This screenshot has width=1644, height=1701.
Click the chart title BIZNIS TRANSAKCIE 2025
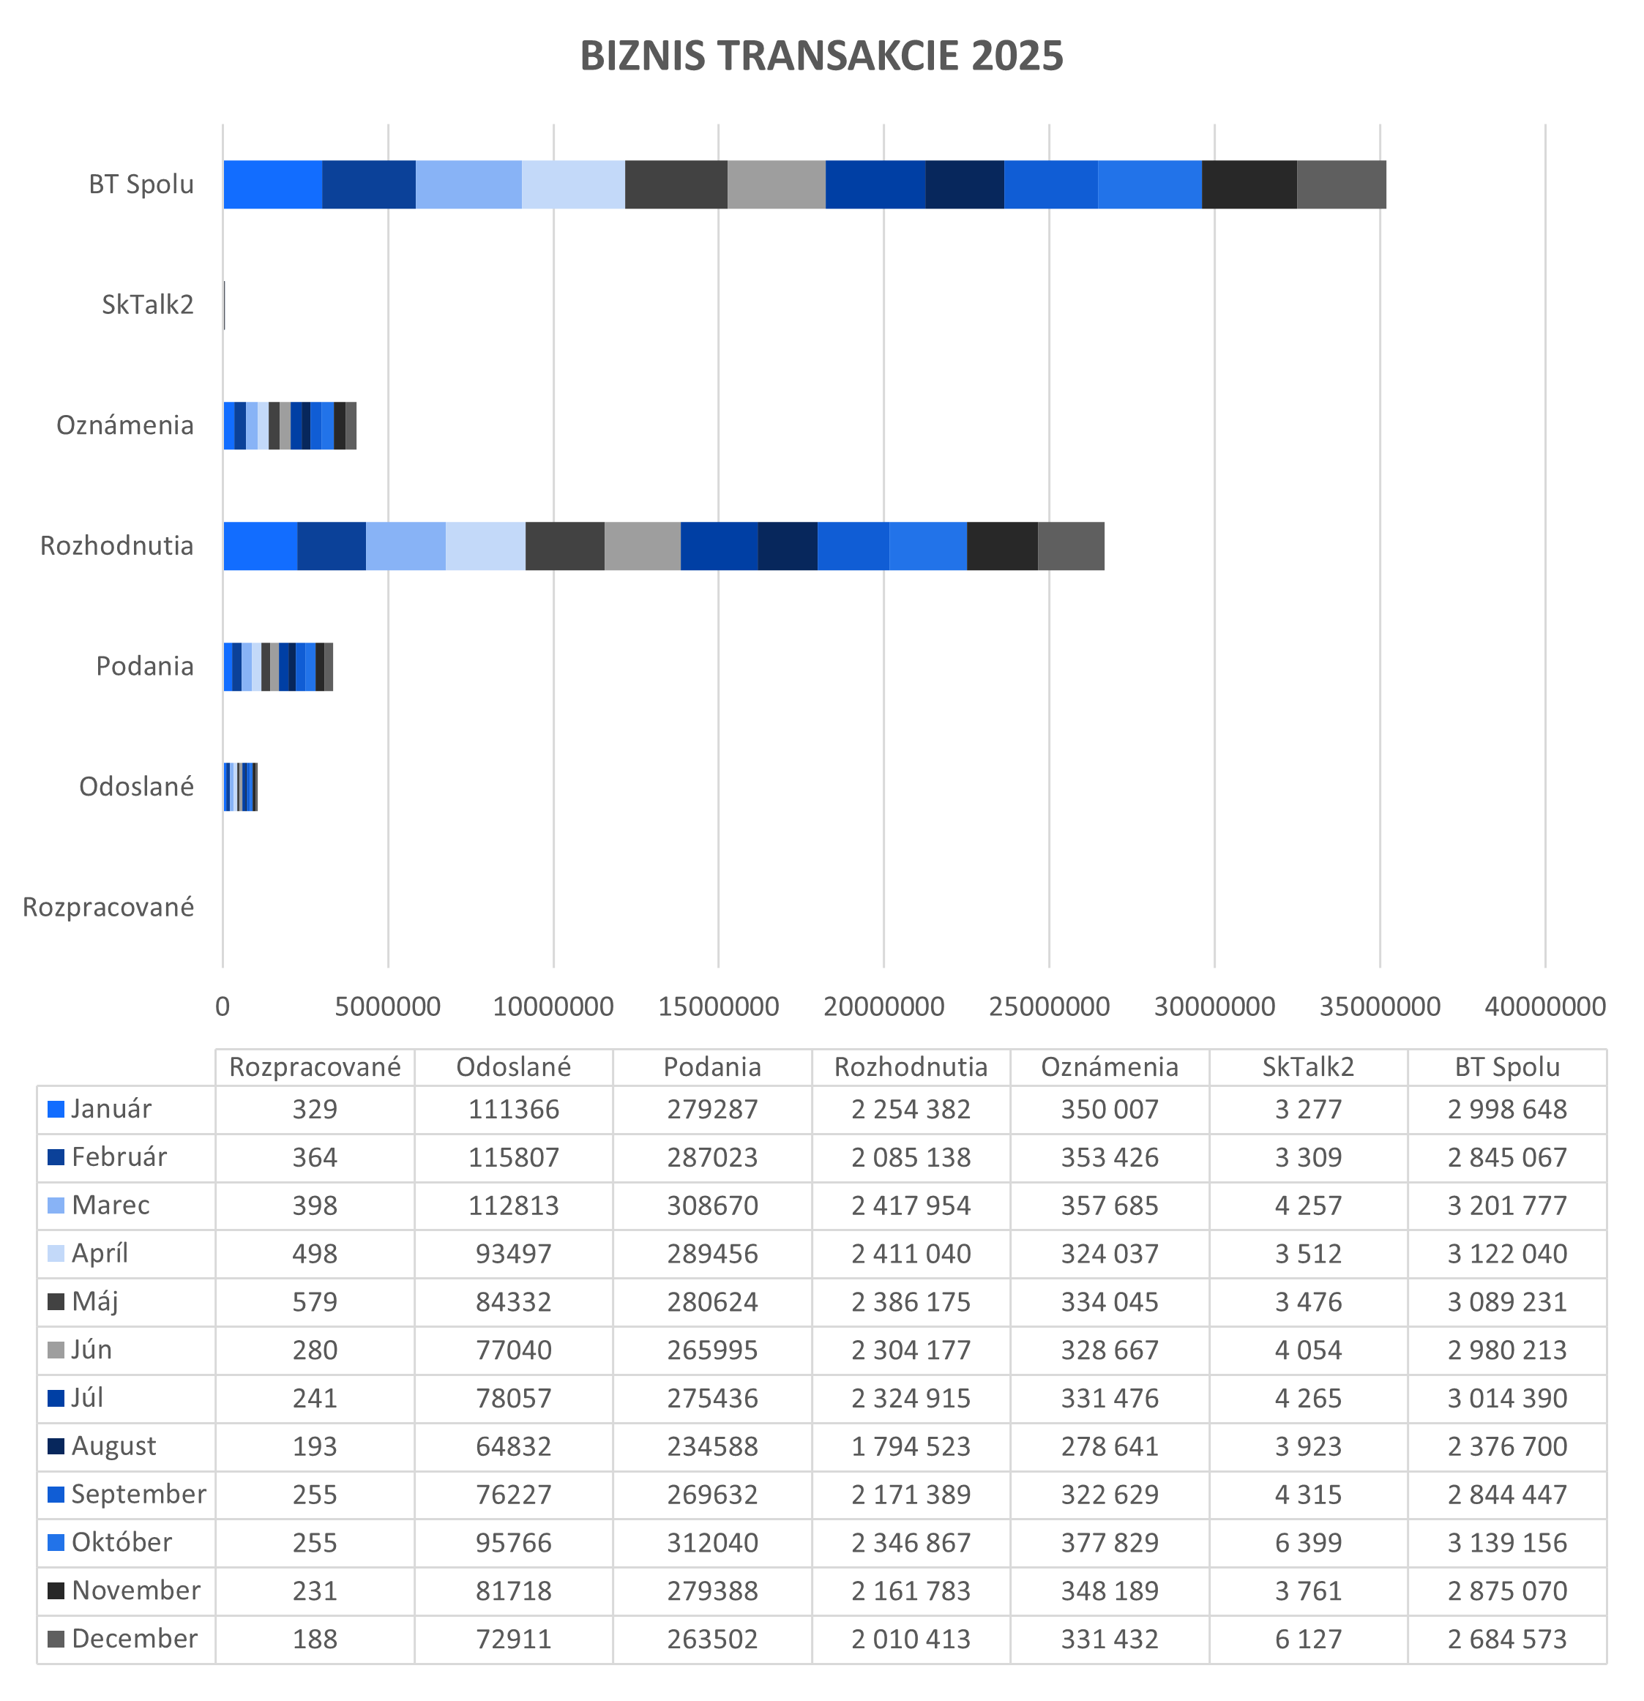coord(821,56)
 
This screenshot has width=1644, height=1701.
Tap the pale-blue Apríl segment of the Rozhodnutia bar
coord(485,546)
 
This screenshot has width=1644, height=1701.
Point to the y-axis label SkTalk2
coord(148,304)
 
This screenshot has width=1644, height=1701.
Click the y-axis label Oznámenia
coord(125,425)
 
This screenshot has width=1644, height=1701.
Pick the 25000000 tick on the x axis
coord(1049,1006)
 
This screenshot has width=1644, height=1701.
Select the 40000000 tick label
coord(1545,1006)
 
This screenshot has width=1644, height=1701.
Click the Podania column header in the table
coord(711,1066)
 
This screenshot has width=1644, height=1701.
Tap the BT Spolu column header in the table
coord(1507,1066)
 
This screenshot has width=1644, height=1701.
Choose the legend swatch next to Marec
coord(56,1205)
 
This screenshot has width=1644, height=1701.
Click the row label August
coord(113,1446)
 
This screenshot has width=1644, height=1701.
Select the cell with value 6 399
coord(1308,1542)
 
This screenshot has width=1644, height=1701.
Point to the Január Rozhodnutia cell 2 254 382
coord(911,1109)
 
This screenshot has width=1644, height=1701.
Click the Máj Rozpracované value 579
coord(314,1302)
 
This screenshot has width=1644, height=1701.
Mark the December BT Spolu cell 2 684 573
coord(1507,1639)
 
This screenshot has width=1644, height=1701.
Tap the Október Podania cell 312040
coord(711,1542)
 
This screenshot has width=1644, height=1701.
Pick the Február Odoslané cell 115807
coord(513,1157)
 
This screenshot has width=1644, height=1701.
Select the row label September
coord(138,1494)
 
